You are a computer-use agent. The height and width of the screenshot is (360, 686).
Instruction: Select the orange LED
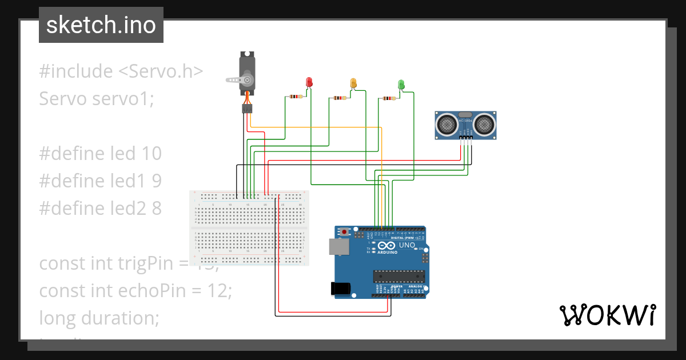[353, 83]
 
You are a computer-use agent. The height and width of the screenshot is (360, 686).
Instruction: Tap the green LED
[401, 85]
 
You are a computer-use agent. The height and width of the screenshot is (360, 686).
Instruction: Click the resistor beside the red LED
[296, 97]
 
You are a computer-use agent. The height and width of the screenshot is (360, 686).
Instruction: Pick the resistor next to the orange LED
[340, 98]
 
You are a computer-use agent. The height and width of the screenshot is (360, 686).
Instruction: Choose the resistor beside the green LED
[388, 98]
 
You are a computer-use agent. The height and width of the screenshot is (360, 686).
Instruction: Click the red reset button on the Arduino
[345, 232]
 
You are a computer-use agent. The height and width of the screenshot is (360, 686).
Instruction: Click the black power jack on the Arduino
[341, 289]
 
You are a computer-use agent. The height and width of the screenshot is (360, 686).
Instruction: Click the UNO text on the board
[406, 245]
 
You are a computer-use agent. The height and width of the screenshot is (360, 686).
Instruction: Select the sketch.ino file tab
[101, 25]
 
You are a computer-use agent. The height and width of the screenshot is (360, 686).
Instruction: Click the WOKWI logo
[607, 315]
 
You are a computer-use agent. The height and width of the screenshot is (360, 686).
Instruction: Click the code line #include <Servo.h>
[121, 71]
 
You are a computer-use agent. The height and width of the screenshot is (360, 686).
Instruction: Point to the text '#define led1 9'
[100, 181]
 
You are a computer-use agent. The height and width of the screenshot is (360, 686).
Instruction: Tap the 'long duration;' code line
[98, 317]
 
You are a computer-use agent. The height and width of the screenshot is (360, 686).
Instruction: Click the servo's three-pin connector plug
[247, 108]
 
